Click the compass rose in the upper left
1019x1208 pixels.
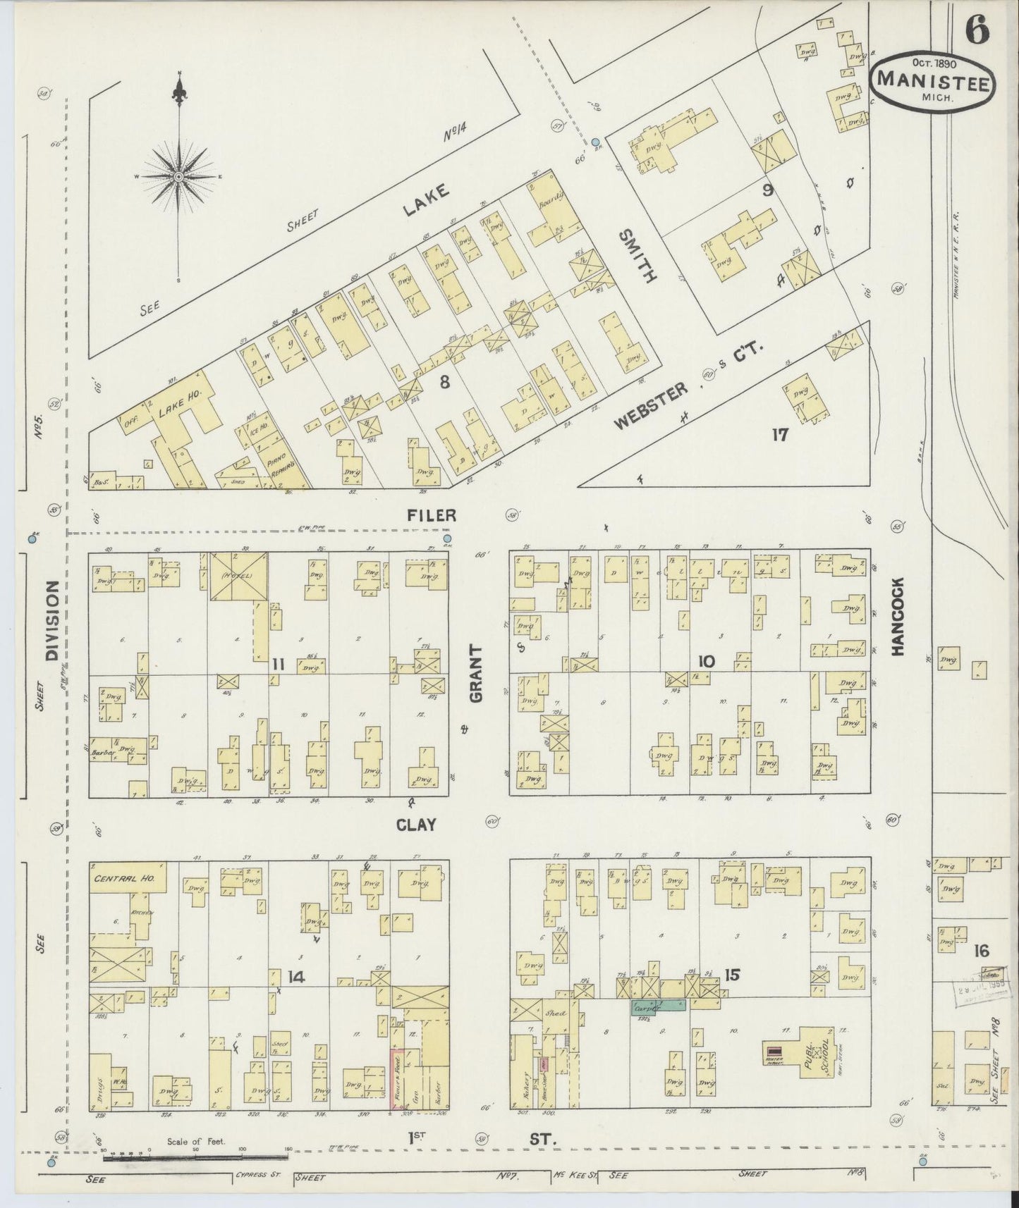[179, 175]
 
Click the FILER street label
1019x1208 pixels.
[431, 516]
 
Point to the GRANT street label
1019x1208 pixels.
[476, 673]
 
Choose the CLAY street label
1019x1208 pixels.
[416, 825]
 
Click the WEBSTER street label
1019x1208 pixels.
[651, 408]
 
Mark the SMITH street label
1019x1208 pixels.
[638, 256]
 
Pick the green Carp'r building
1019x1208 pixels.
[658, 1006]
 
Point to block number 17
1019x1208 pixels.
[779, 434]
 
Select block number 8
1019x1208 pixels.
[444, 382]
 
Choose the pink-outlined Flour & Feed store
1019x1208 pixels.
[398, 1086]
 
